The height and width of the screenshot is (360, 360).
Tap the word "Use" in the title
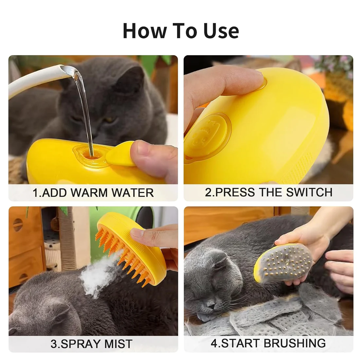221,31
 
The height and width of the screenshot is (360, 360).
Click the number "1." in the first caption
37,193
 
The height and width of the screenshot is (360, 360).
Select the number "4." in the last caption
215,343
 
